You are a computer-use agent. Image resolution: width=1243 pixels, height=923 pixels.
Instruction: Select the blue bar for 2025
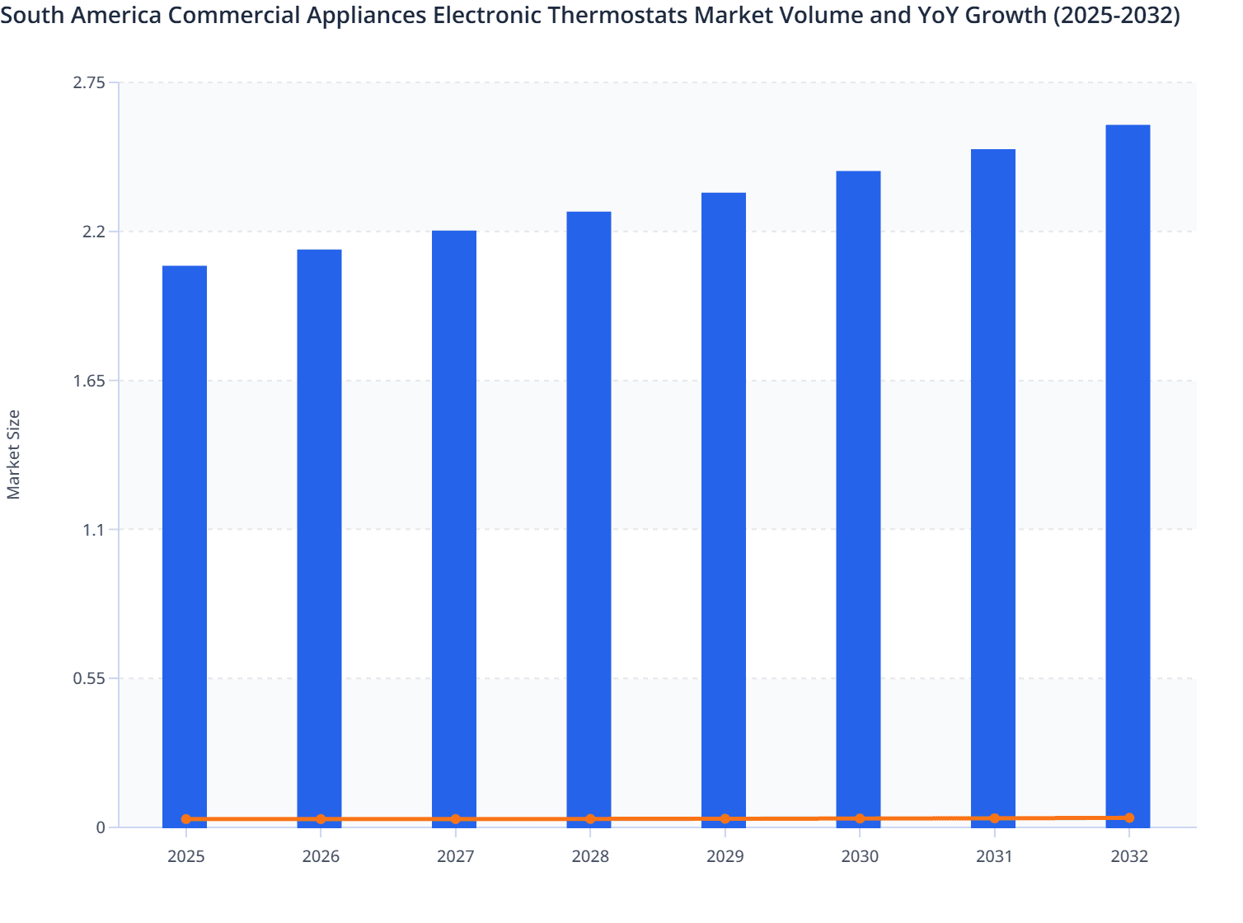tap(185, 544)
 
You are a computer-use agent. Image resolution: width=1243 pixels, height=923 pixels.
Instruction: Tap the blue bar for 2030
tap(858, 494)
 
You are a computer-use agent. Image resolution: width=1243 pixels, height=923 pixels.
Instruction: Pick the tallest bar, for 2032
tap(1128, 470)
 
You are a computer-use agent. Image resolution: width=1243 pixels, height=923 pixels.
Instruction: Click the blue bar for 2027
tap(454, 527)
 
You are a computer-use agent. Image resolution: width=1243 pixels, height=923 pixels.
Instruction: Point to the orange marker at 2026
tap(321, 819)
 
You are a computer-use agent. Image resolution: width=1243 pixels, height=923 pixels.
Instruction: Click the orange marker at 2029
tap(725, 819)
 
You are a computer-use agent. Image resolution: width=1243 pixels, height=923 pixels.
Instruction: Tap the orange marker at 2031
tap(995, 818)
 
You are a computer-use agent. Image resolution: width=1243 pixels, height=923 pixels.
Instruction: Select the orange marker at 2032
tap(1129, 818)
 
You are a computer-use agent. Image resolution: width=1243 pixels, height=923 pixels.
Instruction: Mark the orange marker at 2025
tap(186, 819)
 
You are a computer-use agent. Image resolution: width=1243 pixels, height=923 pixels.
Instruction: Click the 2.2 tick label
tap(94, 232)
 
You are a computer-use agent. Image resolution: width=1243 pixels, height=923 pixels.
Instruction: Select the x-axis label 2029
tap(725, 857)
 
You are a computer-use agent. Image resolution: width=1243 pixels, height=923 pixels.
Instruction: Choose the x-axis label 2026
tap(321, 857)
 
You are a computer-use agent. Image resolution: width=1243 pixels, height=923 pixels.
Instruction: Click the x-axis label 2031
tap(995, 857)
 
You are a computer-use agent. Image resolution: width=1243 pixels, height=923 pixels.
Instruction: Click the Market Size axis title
tap(14, 454)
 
